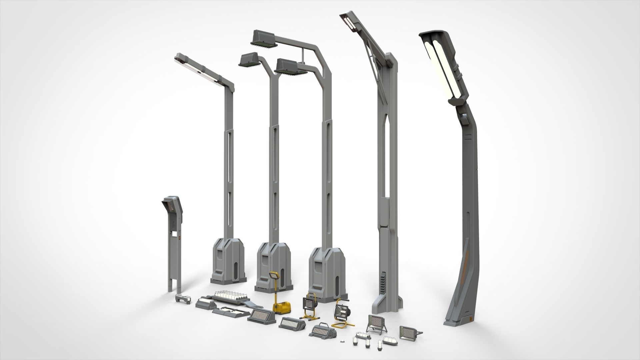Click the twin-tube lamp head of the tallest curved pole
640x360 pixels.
click(x=444, y=63)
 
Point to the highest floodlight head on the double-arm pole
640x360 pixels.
click(x=264, y=39)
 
